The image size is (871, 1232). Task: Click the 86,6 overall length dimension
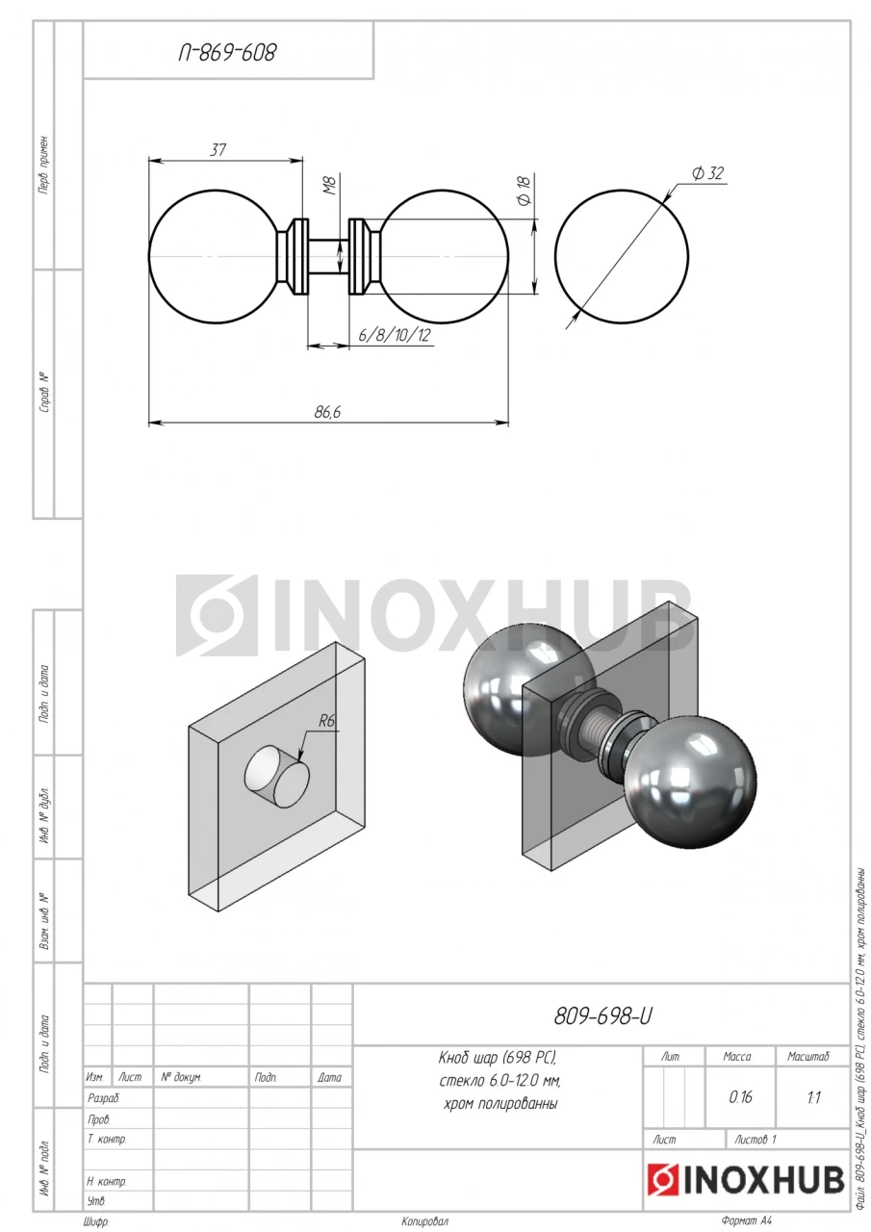(x=327, y=412)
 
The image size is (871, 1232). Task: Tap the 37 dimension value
(x=218, y=149)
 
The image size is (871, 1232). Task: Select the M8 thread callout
(x=329, y=186)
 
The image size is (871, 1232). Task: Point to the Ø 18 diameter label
(x=525, y=191)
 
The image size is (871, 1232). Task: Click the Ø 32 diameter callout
(x=707, y=173)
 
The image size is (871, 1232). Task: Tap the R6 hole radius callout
(x=326, y=721)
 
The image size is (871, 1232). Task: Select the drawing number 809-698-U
(x=602, y=1016)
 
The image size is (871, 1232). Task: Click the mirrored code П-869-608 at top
(x=227, y=53)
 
